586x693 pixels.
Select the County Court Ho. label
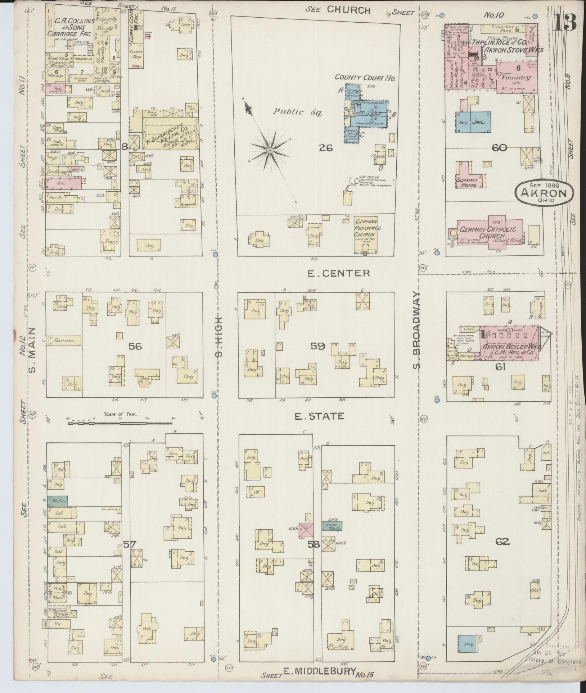tap(365, 77)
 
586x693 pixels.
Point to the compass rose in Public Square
tap(269, 149)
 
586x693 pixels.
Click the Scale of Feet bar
tap(121, 423)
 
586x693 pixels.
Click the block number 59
tap(318, 346)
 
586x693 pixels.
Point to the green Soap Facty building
tap(332, 526)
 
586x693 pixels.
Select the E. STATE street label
tap(319, 416)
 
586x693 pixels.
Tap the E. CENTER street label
tap(338, 273)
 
